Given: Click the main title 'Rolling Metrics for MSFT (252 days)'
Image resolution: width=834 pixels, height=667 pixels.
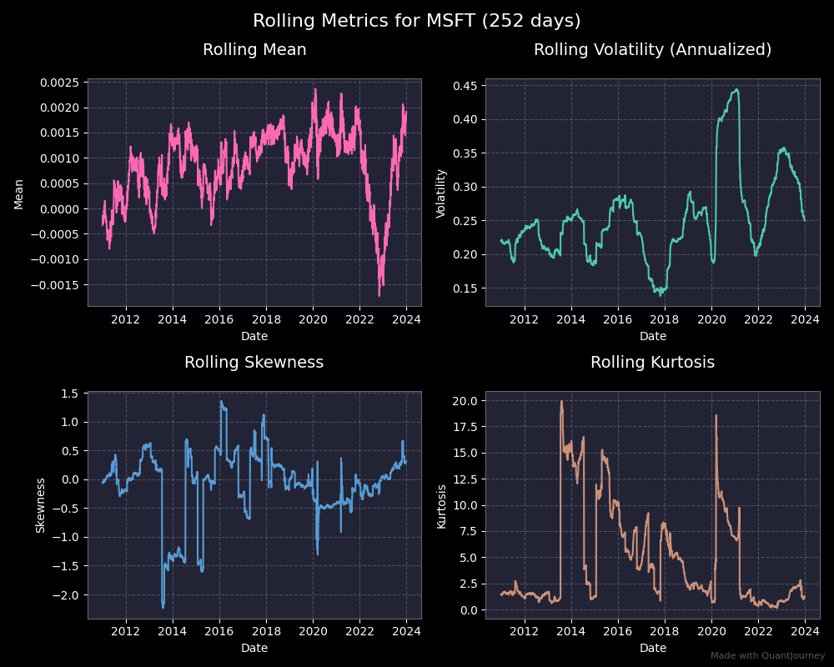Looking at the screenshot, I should point(417,21).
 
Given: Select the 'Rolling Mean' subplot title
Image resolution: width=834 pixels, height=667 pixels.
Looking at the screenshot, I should point(254,50).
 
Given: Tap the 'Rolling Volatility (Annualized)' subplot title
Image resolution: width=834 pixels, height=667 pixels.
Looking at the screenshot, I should point(652,50).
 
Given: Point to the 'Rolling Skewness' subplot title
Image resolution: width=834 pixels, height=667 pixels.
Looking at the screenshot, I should point(254,363).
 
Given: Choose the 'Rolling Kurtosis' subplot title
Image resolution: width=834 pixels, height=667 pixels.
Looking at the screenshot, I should point(652,363).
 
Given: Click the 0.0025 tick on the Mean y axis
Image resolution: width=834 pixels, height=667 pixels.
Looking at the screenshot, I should point(60,83).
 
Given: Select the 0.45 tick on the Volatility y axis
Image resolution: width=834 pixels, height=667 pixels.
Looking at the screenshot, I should point(465,86).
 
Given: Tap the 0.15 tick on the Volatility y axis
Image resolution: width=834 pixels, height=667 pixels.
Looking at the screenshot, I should point(465,288).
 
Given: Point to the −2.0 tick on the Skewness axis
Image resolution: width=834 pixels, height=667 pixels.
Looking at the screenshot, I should point(67,594).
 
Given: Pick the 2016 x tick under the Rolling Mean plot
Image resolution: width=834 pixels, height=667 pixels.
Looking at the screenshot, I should point(219,318).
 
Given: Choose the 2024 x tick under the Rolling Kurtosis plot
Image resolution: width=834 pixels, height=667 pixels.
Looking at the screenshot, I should point(805,631).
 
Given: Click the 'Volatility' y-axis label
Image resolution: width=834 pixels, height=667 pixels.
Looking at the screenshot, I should point(442,193).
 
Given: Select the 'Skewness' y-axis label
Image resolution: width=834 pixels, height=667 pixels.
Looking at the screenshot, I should point(40,505).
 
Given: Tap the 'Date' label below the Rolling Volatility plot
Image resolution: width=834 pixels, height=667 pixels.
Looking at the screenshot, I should point(652,336).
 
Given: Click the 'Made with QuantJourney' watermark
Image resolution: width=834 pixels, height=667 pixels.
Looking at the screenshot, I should point(767,656).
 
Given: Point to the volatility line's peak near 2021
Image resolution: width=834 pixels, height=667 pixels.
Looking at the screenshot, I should point(736,89).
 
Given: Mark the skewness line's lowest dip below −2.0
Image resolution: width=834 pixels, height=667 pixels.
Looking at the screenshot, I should point(163,607).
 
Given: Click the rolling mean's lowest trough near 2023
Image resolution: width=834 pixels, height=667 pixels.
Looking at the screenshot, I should point(379,295).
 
